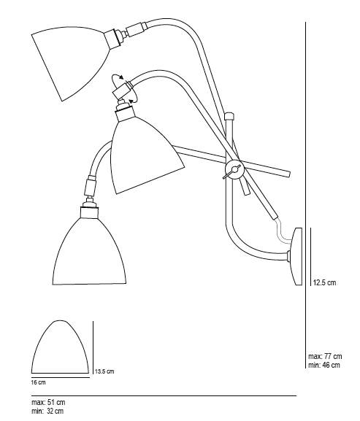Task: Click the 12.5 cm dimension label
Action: click(324, 282)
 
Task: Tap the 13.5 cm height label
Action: click(104, 371)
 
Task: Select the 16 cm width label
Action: click(39, 382)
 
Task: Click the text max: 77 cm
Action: click(325, 356)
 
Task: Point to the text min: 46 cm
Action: click(324, 365)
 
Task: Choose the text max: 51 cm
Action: click(48, 402)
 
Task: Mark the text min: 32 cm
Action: click(47, 411)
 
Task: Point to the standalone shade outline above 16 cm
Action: click(60, 347)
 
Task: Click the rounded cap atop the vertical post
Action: click(230, 116)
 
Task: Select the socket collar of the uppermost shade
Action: click(113, 38)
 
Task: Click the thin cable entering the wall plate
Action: click(281, 231)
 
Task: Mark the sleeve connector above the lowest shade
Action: click(90, 186)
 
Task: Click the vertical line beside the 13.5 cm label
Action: click(93, 347)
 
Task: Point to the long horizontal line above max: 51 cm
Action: click(164, 395)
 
